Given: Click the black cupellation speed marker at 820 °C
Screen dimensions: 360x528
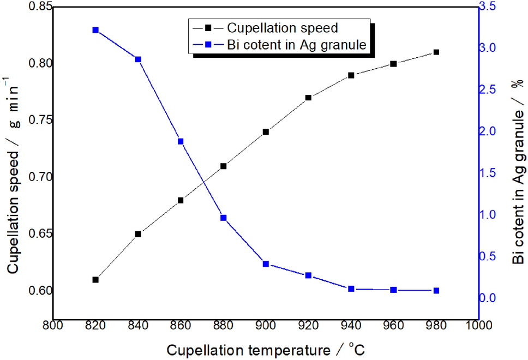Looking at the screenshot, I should [95, 279].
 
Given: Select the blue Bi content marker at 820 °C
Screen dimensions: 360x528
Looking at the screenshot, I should [95, 30].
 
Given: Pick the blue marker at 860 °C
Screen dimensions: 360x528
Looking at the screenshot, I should [181, 141].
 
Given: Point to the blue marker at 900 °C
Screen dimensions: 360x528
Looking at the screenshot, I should [266, 263].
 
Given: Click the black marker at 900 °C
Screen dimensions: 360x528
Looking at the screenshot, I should [266, 131].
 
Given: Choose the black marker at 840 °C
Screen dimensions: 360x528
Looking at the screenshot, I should [138, 234].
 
